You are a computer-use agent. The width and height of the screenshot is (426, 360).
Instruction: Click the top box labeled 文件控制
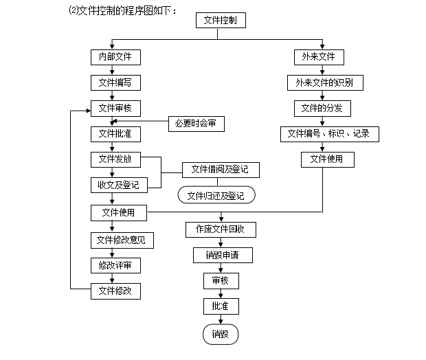(221, 21)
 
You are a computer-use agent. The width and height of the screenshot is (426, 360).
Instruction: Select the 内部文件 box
(115, 56)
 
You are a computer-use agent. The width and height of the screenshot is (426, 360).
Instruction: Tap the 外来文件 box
(318, 56)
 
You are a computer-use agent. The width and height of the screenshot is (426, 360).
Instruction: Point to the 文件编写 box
(115, 82)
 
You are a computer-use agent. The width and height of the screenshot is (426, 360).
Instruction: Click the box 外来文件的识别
(324, 82)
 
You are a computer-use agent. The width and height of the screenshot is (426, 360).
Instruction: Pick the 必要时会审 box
(196, 124)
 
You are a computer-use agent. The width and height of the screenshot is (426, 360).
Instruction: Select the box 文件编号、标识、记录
(328, 134)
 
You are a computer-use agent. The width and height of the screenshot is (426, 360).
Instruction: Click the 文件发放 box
(115, 159)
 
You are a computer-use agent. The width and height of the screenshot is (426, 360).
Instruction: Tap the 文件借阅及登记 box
(220, 169)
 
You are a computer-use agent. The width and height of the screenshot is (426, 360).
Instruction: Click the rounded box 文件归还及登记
(216, 195)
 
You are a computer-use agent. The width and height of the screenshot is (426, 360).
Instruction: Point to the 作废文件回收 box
(221, 229)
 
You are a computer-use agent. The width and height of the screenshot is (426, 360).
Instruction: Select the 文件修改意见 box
(122, 240)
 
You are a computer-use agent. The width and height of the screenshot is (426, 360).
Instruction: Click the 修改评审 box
(115, 265)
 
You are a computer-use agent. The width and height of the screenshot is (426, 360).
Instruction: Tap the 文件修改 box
(115, 291)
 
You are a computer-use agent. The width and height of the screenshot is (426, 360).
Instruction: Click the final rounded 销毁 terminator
(220, 335)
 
